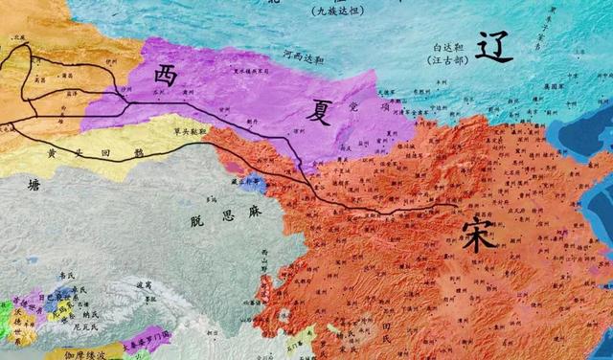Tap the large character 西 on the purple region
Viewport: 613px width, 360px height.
pos(166,77)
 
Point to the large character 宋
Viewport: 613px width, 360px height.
pos(476,233)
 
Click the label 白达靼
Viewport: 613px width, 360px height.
pos(449,45)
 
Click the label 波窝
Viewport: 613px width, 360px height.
pos(144,284)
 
